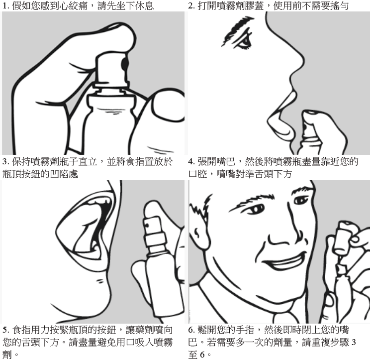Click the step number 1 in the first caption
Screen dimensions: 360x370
coord(4,6)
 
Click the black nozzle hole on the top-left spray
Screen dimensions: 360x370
coord(124,63)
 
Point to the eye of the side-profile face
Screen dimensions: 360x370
coord(244,43)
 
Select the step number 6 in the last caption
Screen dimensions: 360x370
coord(191,330)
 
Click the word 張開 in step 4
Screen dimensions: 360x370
coord(209,162)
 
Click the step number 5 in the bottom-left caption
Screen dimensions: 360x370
coord(4,330)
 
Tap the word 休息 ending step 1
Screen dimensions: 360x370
coord(144,6)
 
